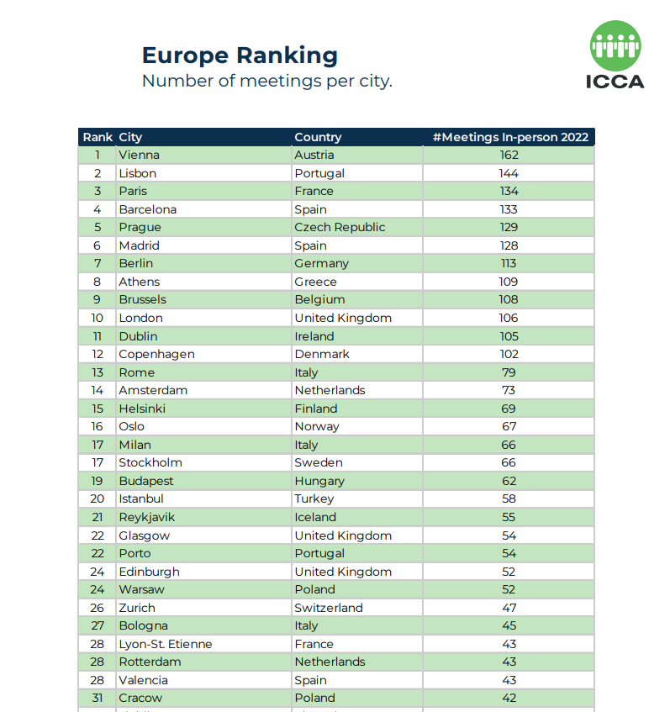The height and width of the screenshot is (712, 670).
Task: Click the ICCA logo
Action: [615, 55]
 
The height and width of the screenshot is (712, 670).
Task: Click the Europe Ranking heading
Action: [240, 55]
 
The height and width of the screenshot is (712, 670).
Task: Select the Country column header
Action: [318, 137]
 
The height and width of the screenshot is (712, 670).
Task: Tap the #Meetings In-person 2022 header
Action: [509, 137]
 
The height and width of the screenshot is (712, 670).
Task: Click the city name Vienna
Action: [139, 155]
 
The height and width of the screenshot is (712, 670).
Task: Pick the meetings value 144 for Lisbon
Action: [509, 173]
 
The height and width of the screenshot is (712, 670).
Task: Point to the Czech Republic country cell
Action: [340, 227]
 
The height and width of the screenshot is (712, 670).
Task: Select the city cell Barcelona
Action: [147, 209]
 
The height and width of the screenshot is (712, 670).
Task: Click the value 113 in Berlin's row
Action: [509, 263]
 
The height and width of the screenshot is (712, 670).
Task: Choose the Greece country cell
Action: [315, 282]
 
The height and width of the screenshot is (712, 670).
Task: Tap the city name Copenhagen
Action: [156, 354]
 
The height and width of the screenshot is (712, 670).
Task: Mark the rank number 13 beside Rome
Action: [98, 372]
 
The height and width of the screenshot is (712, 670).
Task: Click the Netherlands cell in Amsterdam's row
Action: [330, 390]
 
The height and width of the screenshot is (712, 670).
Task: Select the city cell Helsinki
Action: [142, 409]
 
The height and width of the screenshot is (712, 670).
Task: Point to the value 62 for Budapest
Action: [509, 481]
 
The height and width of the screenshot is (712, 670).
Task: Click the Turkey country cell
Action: [314, 498]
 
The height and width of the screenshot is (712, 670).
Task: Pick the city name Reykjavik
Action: [146, 517]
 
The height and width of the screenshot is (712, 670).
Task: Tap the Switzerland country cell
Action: [329, 608]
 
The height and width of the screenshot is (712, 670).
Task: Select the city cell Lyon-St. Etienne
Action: [165, 644]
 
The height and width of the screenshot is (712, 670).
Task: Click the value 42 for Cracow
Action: [509, 698]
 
